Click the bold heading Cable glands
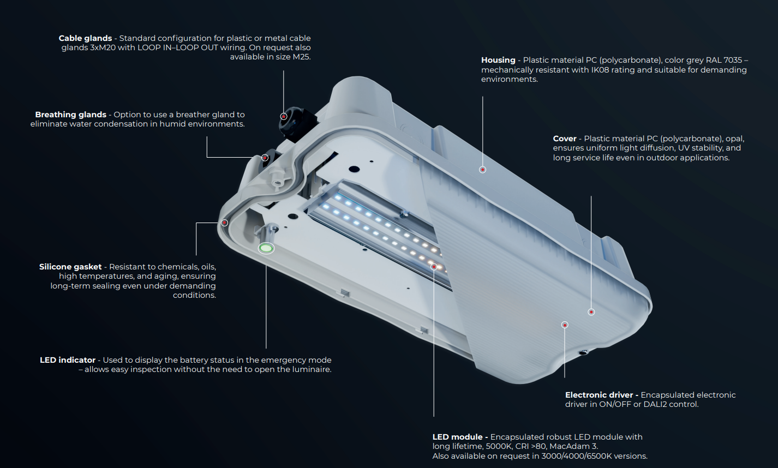[x=85, y=38]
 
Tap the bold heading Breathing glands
[x=70, y=115]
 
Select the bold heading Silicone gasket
[x=70, y=267]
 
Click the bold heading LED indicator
[x=68, y=360]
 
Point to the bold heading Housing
[x=498, y=60]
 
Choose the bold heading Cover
[x=564, y=139]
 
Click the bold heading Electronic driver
[x=602, y=395]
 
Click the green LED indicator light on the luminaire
[x=266, y=248]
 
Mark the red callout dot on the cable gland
[x=283, y=116]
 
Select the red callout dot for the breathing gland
[x=265, y=158]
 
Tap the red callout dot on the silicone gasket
[x=224, y=223]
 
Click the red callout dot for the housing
[x=482, y=170]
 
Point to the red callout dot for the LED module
[x=434, y=267]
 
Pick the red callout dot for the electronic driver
[x=565, y=325]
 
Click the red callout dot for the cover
[x=591, y=312]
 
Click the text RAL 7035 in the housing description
[x=724, y=60]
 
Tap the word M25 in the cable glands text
[x=301, y=57]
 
